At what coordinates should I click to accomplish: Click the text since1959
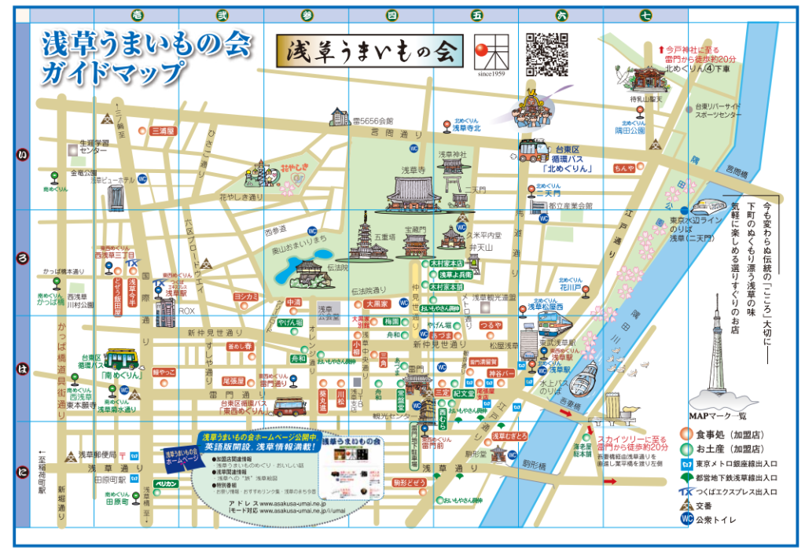[489, 75]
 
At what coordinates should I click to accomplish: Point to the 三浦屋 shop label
[164, 131]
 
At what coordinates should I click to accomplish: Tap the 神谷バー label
[500, 373]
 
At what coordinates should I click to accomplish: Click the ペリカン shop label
[166, 484]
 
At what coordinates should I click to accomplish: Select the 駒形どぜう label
[409, 482]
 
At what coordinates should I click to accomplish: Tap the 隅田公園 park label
[631, 131]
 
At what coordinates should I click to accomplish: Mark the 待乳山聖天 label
[645, 99]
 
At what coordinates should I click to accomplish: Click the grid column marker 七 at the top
[645, 15]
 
